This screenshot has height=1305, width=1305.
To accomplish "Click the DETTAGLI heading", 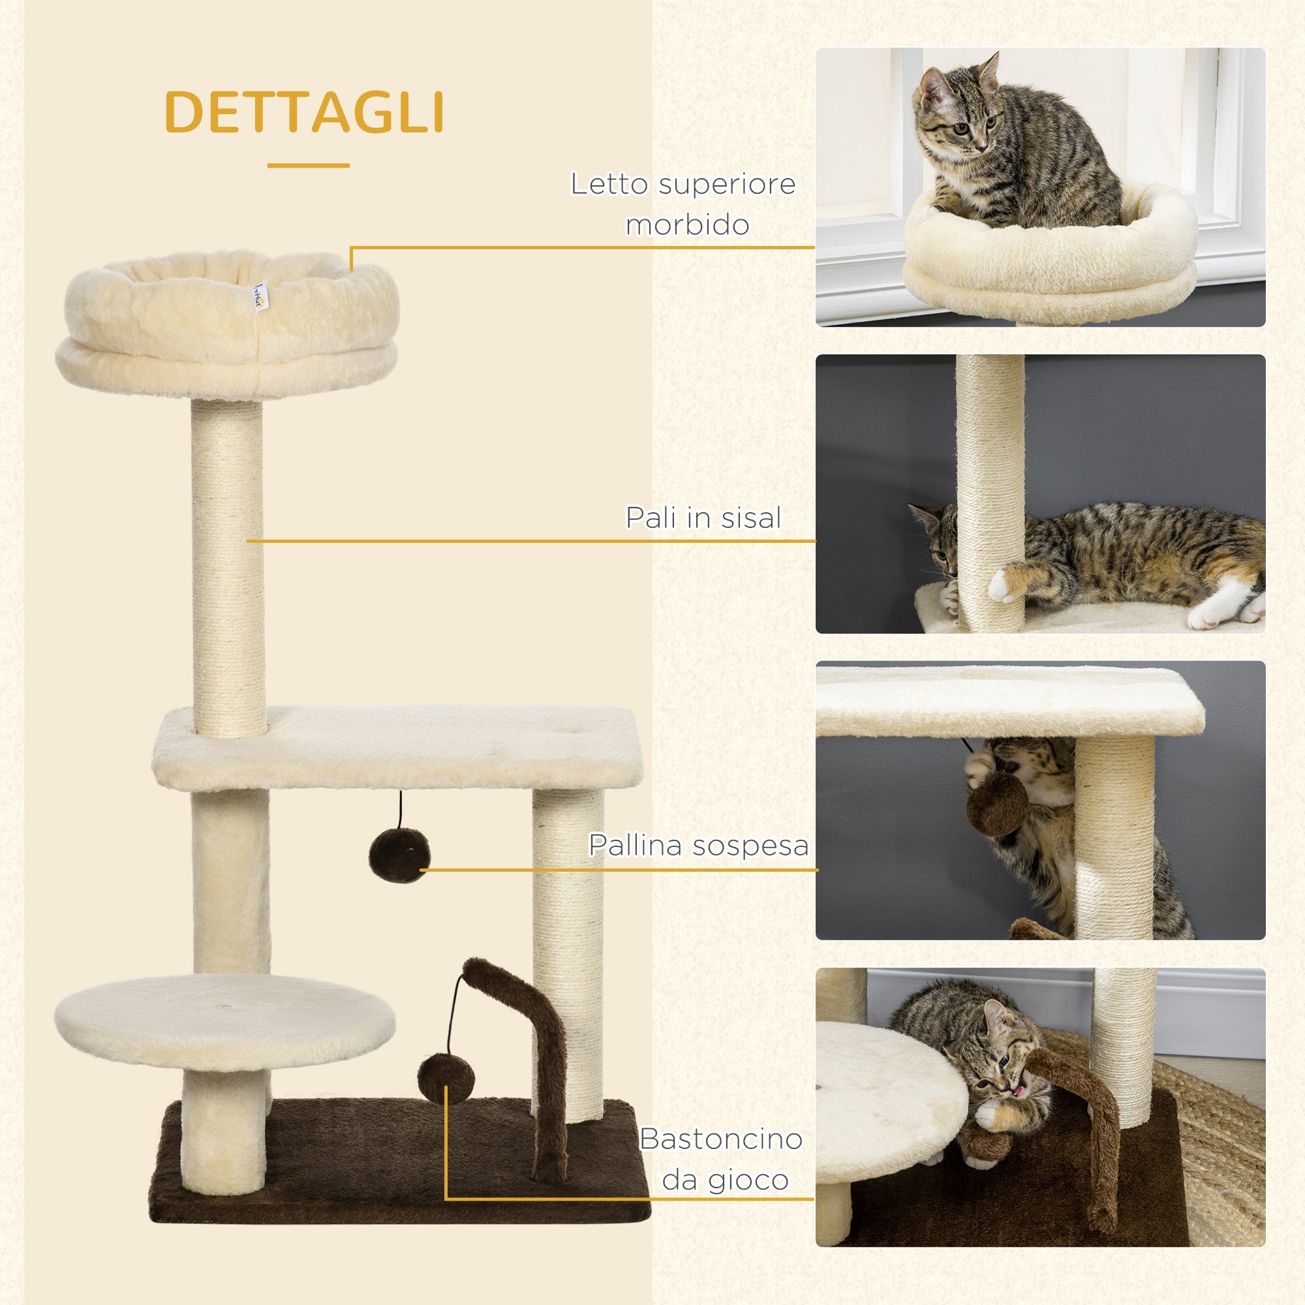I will click(x=304, y=112).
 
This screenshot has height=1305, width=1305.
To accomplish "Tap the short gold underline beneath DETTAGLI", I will click(x=308, y=165).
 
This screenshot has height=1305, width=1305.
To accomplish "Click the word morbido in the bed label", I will click(x=687, y=225).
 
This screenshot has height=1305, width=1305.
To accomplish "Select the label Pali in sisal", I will click(x=703, y=517).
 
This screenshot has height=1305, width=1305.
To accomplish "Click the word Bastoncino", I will click(x=721, y=1139).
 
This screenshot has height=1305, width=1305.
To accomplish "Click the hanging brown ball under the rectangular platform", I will click(x=399, y=855).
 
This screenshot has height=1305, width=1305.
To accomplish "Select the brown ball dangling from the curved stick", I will click(x=445, y=1078).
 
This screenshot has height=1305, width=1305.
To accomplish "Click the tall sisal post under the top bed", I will click(x=228, y=568).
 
